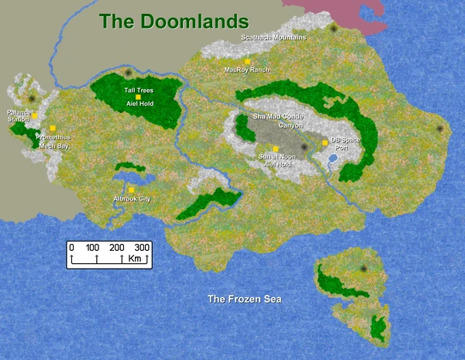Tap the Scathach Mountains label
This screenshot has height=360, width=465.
[x=274, y=37]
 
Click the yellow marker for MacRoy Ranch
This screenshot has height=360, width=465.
[x=247, y=61]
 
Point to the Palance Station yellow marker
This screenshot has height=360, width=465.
[x=35, y=115]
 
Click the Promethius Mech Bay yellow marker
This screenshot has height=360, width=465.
[x=53, y=128]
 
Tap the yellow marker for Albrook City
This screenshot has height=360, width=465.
[x=132, y=190]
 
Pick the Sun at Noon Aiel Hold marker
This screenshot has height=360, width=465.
[x=275, y=149]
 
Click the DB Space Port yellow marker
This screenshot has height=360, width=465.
[x=325, y=142]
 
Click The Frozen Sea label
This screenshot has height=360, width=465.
[x=243, y=299]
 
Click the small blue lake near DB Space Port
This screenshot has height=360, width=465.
[x=332, y=158]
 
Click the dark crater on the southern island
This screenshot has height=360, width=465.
[x=363, y=269]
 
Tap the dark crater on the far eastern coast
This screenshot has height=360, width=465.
[x=439, y=129]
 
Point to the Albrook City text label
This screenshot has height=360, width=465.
[x=132, y=199]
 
